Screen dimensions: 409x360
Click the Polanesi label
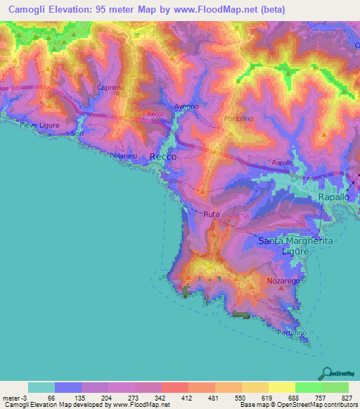point(124,156)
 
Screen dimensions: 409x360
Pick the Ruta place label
point(212,214)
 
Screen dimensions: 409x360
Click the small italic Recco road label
point(155,114)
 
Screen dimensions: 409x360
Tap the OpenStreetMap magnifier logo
point(326,373)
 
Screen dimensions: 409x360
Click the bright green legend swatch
point(309,387)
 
